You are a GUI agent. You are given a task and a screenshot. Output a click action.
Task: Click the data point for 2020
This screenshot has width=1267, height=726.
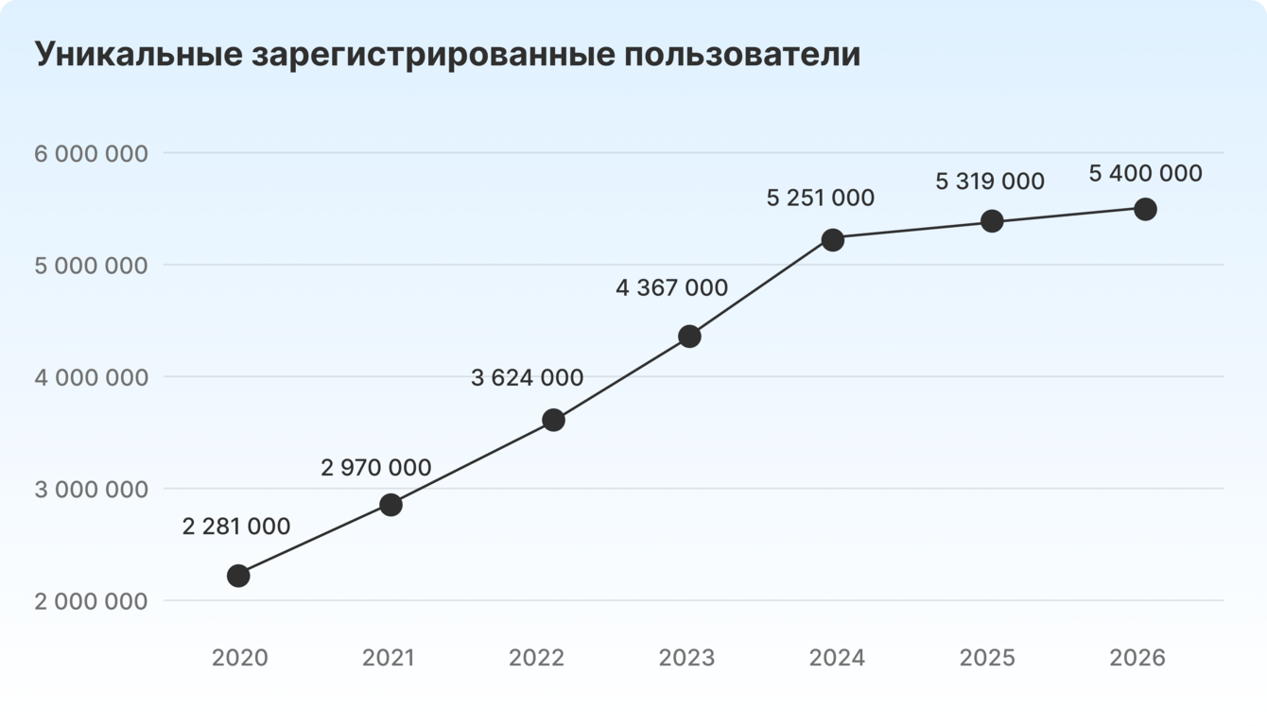pos(238,576)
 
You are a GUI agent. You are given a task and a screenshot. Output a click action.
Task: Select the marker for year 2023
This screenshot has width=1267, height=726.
pos(689,337)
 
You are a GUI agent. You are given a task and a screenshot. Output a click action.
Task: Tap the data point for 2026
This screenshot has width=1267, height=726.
pos(1145,209)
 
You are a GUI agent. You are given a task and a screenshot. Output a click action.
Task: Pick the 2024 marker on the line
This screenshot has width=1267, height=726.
pos(833,240)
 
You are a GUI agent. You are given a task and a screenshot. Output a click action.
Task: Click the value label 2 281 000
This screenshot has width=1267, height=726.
pos(236,527)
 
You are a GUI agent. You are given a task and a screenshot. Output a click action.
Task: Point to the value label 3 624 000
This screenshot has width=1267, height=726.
pos(527,378)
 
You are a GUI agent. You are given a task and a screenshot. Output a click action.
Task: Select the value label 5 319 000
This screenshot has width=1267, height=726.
pos(990,181)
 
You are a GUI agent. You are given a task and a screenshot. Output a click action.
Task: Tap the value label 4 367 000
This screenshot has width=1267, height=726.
pos(671,287)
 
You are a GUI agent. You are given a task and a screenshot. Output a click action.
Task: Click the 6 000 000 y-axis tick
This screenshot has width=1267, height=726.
pos(91,153)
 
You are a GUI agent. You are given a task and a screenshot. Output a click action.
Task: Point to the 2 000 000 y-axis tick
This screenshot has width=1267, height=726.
pos(91,601)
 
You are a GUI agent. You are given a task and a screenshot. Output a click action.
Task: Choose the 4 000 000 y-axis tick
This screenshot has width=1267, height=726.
pos(91,377)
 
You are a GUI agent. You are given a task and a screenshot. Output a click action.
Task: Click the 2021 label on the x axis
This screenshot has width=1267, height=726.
pos(389,658)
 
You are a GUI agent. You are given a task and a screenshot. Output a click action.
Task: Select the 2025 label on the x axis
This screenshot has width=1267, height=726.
pos(988,658)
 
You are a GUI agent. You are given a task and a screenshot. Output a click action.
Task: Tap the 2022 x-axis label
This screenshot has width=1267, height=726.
pos(536,658)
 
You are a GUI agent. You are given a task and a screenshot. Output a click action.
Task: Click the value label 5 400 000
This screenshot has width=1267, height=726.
pos(1146,174)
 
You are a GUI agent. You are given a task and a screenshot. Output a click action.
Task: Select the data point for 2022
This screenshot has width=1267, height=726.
pos(554,420)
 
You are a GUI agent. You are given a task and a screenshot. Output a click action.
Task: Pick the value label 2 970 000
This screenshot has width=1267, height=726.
pos(376,467)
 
